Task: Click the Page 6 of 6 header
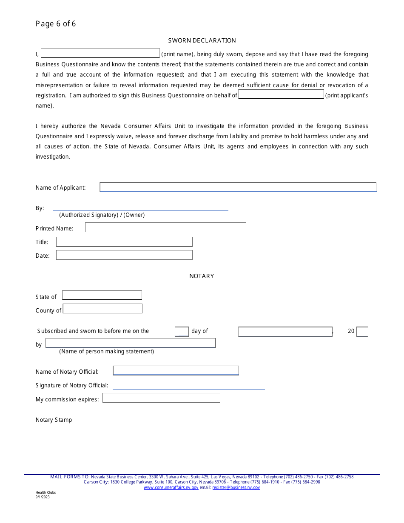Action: coord(56,24)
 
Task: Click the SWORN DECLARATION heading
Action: coord(202,40)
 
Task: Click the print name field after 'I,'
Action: coord(100,54)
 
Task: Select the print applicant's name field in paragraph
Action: coord(281,95)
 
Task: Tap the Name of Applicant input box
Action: coord(238,188)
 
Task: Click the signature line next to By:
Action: coord(140,207)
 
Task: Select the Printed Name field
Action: coord(165,228)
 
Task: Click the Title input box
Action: coord(124,242)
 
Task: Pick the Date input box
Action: coord(124,255)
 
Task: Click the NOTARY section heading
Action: coord(202,276)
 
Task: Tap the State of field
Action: coord(102,296)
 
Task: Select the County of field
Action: coord(102,309)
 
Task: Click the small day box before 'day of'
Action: coord(182,332)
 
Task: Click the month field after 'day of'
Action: coord(285,332)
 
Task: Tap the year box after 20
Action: coord(362,332)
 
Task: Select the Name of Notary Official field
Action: coord(176,371)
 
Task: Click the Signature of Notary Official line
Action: coord(188,386)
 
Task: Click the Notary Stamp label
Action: coord(54,420)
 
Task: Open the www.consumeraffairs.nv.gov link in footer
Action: coord(171,488)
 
